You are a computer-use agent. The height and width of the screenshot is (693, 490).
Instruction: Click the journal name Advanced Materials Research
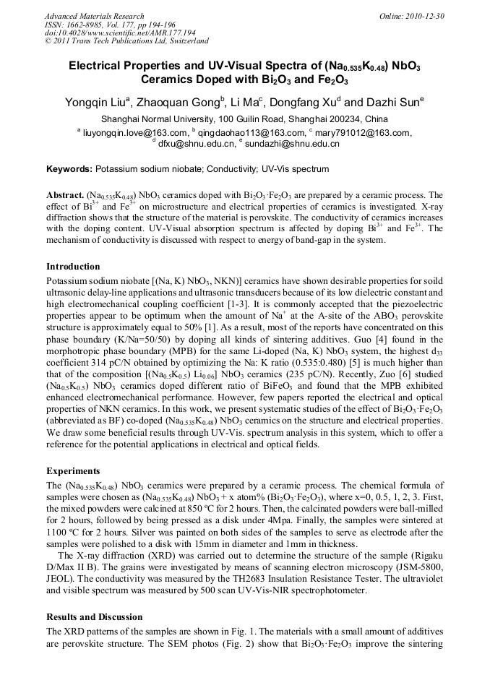coord(94,16)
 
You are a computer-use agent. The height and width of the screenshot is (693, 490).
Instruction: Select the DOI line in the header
coord(120,33)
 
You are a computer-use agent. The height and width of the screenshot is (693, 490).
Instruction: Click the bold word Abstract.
coord(65,195)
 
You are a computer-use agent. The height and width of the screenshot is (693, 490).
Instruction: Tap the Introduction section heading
coord(73,266)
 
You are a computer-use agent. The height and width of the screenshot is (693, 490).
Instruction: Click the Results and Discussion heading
coord(94,617)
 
